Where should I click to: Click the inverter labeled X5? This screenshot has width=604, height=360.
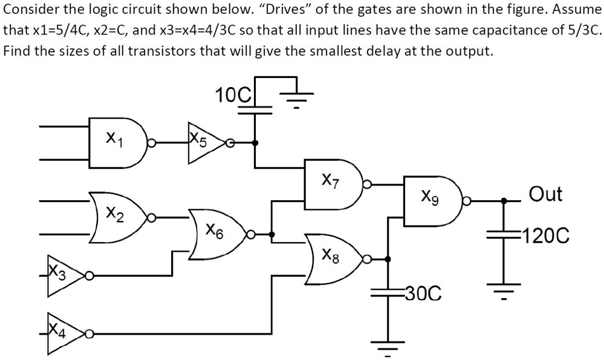(204, 143)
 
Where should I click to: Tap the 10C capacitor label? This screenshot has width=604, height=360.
(233, 95)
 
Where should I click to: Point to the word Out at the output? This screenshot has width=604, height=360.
(545, 194)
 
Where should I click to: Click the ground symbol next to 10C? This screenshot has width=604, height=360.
(296, 96)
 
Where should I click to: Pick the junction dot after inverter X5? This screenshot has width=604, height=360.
(255, 143)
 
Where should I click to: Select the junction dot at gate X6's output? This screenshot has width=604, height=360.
(272, 234)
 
